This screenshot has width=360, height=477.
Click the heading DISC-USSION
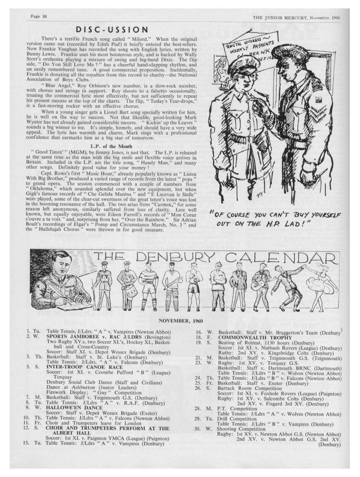coord(111,30)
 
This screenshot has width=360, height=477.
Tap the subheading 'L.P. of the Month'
coord(111,146)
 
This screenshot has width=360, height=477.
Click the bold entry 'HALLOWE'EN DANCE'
coord(74,408)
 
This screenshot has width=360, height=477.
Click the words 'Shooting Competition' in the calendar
coord(239,429)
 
